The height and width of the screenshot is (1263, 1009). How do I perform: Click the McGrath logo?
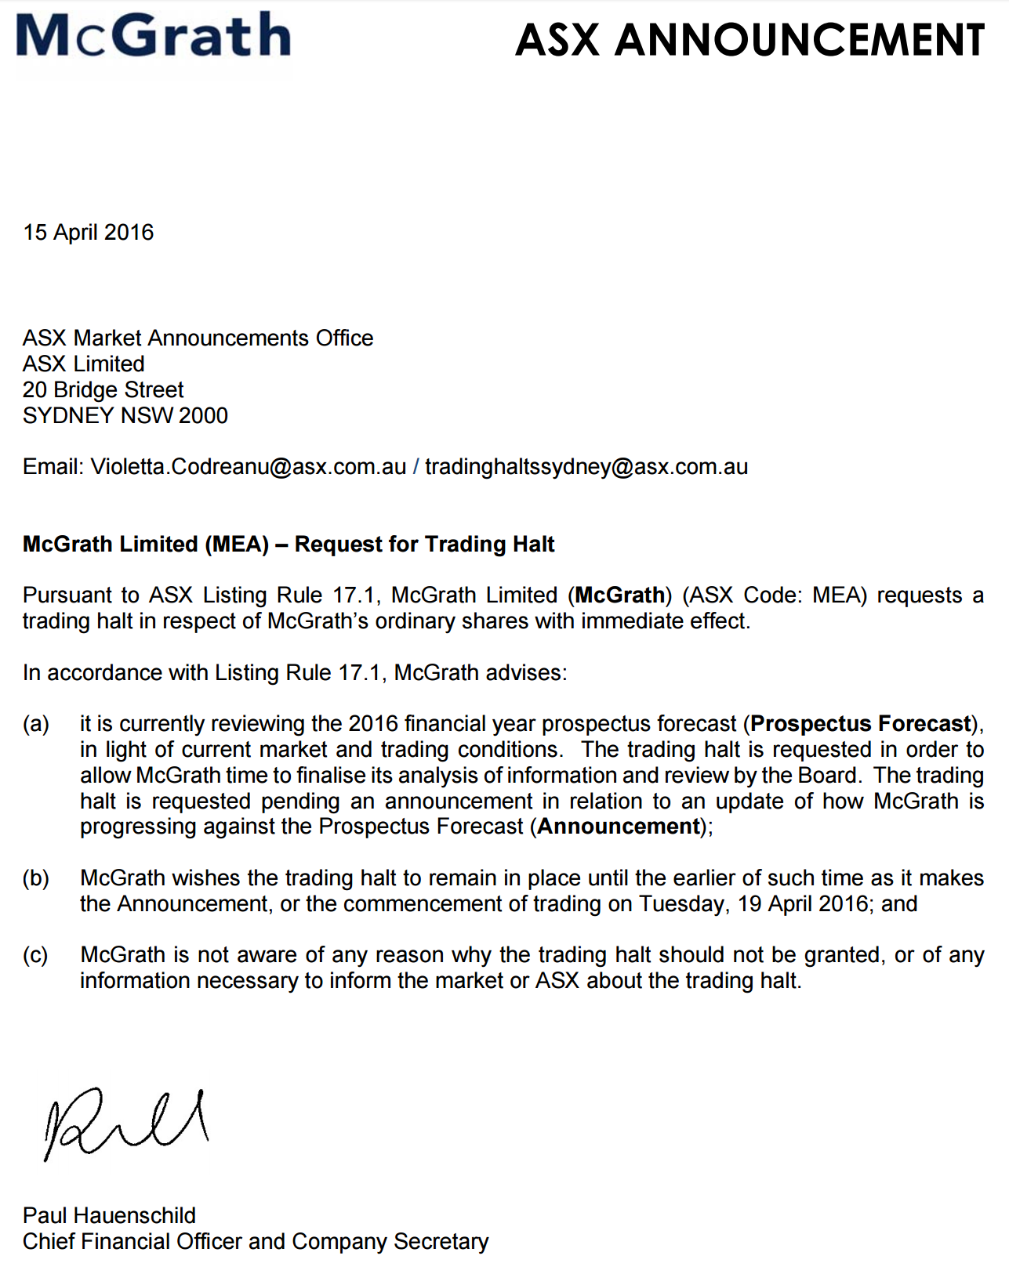click(x=154, y=36)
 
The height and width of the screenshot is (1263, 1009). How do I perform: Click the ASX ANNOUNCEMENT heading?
click(x=749, y=40)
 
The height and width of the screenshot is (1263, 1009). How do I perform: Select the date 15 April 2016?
click(x=89, y=233)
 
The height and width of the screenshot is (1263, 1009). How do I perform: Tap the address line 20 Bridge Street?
click(x=103, y=389)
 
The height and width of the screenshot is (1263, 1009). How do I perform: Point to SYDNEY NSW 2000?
click(x=125, y=415)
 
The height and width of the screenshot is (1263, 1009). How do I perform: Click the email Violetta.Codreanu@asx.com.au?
click(x=249, y=467)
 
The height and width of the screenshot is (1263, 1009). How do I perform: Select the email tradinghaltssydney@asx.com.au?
click(x=586, y=467)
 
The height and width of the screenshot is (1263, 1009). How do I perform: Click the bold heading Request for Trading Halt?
click(x=424, y=544)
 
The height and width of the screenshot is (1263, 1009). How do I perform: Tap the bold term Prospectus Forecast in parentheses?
click(x=861, y=723)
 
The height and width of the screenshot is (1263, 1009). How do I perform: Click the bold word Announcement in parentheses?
click(x=619, y=827)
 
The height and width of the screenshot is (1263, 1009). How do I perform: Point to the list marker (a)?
click(x=36, y=723)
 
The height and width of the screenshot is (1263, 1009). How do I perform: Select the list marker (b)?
click(x=36, y=878)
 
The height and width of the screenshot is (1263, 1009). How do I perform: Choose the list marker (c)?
click(x=36, y=955)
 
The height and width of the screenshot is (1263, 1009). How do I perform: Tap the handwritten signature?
click(x=125, y=1122)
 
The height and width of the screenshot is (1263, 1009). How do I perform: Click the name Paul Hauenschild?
click(x=109, y=1215)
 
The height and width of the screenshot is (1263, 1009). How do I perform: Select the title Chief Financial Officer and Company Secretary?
click(x=256, y=1241)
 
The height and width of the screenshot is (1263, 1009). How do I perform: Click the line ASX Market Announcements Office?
click(x=198, y=338)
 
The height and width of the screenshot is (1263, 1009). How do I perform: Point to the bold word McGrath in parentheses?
click(x=619, y=595)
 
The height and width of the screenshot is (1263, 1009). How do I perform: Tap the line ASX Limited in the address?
click(x=84, y=364)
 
